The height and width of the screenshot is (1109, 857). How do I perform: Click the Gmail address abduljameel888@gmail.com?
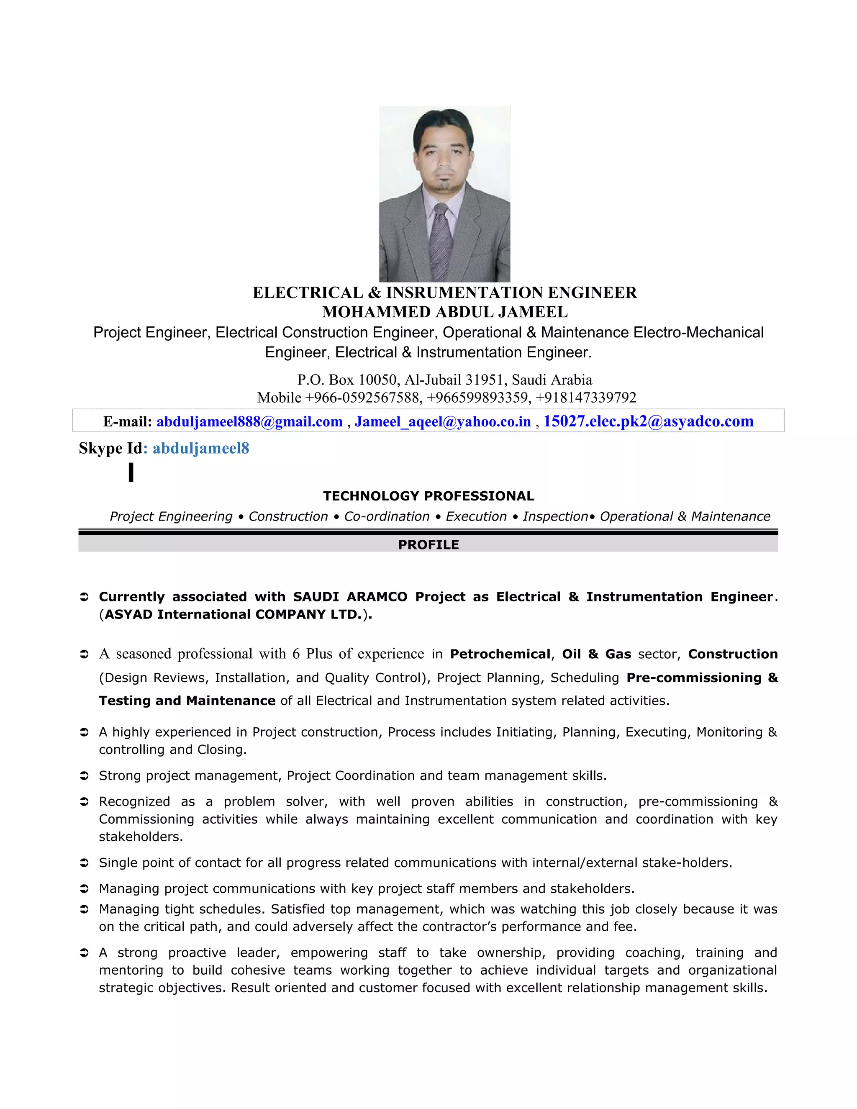point(249,421)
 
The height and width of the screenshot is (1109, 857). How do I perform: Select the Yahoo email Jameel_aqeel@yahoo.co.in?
point(442,421)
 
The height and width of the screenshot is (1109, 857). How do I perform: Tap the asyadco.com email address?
point(648,421)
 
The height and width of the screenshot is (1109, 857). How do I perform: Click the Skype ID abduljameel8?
point(200,448)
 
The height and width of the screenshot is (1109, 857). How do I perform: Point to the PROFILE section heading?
point(428,544)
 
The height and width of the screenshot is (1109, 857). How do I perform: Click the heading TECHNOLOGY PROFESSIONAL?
point(428,495)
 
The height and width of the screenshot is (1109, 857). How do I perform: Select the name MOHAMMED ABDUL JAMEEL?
point(444,311)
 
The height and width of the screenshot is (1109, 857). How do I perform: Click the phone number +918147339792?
point(585,397)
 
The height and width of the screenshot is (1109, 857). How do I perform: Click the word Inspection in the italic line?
point(555,516)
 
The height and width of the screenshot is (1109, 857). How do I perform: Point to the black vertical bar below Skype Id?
point(131,472)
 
